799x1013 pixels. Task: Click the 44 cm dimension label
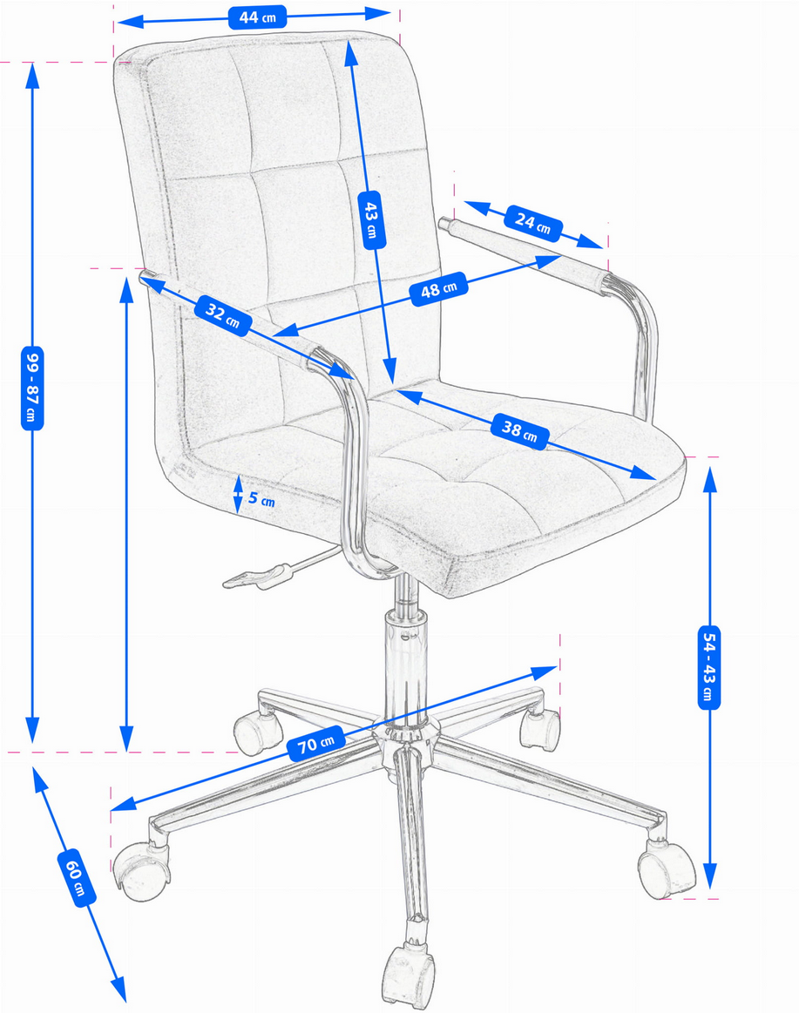coord(257,17)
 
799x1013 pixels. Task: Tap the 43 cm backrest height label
coord(371,220)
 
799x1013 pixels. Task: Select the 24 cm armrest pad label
coord(532,223)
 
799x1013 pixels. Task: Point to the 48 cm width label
coord(439,289)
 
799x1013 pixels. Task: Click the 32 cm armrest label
coord(223,315)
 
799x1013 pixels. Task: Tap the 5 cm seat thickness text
coord(261,499)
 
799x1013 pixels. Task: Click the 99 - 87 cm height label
coord(32,388)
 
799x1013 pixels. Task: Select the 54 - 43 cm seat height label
coord(709,666)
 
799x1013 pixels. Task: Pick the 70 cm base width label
coord(316,744)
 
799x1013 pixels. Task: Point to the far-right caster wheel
coord(667,868)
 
